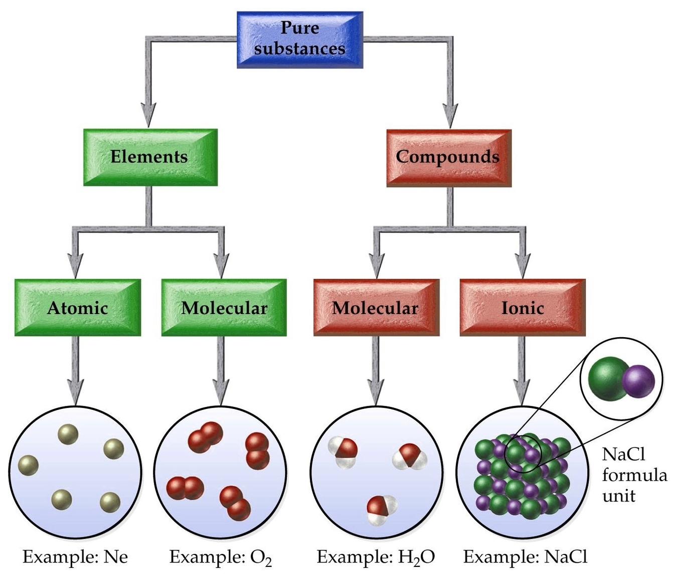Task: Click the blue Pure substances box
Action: coord(299,39)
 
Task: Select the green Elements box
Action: coord(149,157)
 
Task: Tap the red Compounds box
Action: coord(448,157)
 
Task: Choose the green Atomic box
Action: coord(77,308)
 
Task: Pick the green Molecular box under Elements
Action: coord(224,308)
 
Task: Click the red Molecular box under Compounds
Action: coord(376,308)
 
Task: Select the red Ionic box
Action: coord(522,308)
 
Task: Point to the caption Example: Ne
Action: coord(75,557)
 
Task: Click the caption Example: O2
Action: coord(221,557)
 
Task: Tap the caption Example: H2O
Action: coord(376,557)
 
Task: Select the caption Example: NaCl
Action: coord(525,557)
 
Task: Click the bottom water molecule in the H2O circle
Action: coord(381,509)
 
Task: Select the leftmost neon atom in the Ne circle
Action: coord(28,466)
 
